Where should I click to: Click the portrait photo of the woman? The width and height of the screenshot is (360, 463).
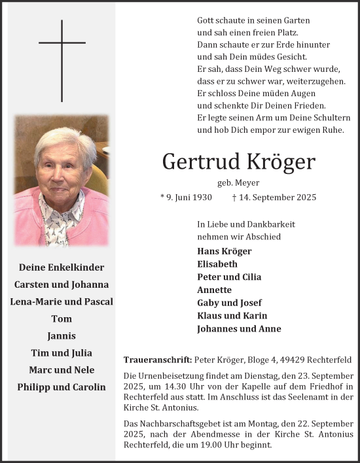[x=62, y=181]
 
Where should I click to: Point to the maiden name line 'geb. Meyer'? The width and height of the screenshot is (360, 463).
[x=238, y=182]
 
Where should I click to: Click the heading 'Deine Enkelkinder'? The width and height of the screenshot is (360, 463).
[x=62, y=267]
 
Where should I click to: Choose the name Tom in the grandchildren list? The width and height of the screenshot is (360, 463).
[x=62, y=318]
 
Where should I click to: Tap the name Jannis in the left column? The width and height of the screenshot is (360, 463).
[x=62, y=335]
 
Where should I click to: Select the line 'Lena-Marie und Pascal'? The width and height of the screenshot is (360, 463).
[x=62, y=301]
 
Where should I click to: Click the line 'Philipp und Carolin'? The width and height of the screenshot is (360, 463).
[x=62, y=386]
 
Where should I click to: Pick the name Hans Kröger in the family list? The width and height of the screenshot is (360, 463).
[x=224, y=251]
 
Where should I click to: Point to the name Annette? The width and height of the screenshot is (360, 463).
[x=214, y=290]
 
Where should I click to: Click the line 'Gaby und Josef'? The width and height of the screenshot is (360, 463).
[x=229, y=303]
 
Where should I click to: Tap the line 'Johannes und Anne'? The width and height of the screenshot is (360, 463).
[x=239, y=329]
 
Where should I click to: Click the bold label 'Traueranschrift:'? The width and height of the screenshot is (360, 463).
[x=157, y=360]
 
